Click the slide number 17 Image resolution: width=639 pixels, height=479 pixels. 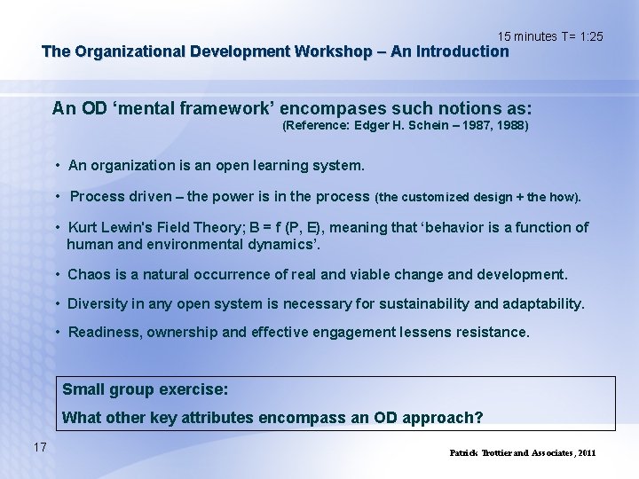[39, 446]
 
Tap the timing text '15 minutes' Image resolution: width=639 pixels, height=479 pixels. [528, 36]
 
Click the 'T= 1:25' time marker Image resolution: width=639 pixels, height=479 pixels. [582, 36]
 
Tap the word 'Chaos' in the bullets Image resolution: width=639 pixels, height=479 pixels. [88, 275]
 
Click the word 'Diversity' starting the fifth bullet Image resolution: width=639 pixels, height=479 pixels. [98, 304]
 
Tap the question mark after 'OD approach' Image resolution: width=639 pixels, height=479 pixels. [479, 418]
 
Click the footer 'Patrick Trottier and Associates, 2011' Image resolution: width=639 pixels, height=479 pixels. [523, 453]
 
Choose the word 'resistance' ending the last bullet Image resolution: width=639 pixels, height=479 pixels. [489, 333]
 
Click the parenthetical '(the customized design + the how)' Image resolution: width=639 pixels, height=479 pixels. [478, 197]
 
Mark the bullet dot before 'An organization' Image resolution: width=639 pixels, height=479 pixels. [57, 166]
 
